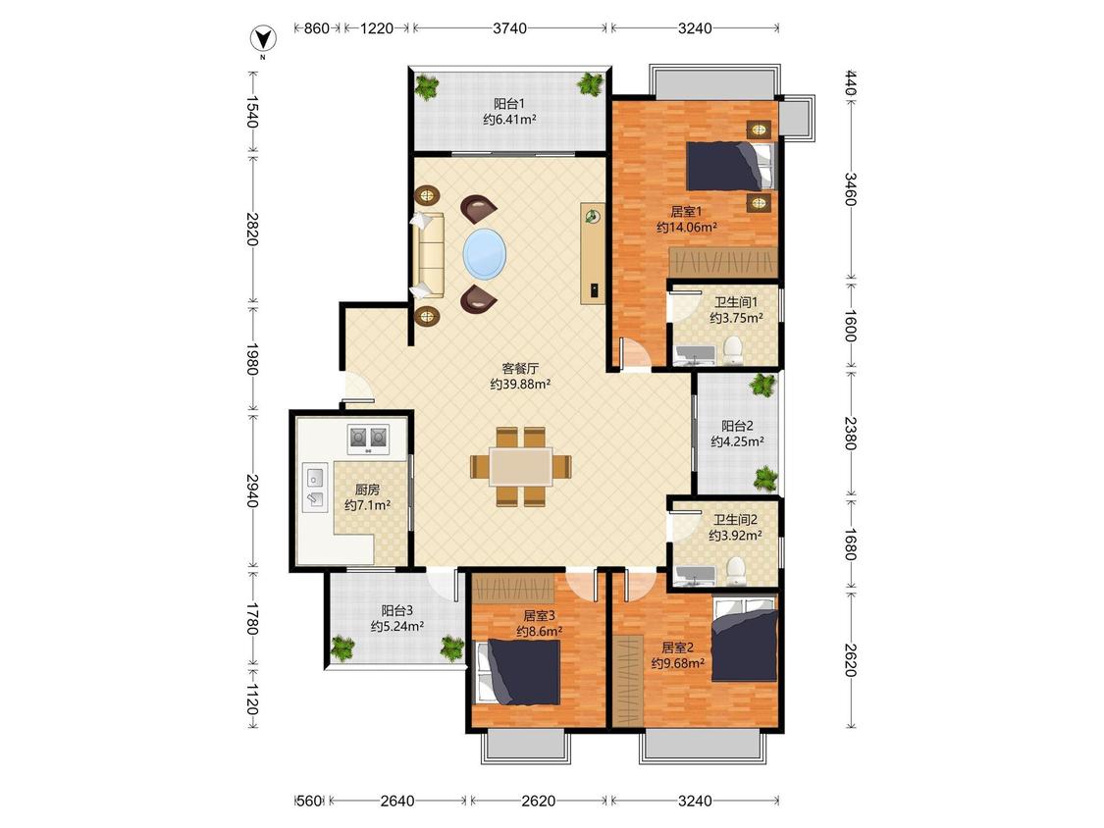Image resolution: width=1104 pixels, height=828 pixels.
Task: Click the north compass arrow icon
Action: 263,38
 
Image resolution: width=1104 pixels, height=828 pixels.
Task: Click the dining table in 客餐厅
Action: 521,466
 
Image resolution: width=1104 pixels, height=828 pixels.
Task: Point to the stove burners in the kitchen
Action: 368,438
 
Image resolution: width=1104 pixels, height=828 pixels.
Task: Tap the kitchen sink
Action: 315,487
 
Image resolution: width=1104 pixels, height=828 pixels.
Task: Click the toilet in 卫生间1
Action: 734,350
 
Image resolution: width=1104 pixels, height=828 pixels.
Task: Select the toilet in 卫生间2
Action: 735,571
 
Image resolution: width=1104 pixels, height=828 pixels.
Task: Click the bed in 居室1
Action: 731,166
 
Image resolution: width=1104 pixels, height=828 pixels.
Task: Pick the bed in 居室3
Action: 518,672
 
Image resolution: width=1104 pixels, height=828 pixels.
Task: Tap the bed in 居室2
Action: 745,640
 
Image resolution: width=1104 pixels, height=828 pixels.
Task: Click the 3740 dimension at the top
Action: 509,28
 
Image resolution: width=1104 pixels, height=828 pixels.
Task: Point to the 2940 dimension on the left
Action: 253,491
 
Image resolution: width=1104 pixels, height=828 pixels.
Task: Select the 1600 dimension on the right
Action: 851,326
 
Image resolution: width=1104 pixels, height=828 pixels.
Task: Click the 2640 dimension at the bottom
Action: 397,801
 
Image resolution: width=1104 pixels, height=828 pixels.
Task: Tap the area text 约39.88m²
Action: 520,385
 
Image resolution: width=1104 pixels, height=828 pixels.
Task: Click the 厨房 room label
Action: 367,490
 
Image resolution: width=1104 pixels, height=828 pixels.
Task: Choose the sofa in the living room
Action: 429,255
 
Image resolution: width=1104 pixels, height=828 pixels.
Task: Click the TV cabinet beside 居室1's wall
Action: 592,253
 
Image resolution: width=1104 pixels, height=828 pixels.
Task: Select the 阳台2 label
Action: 737,426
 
